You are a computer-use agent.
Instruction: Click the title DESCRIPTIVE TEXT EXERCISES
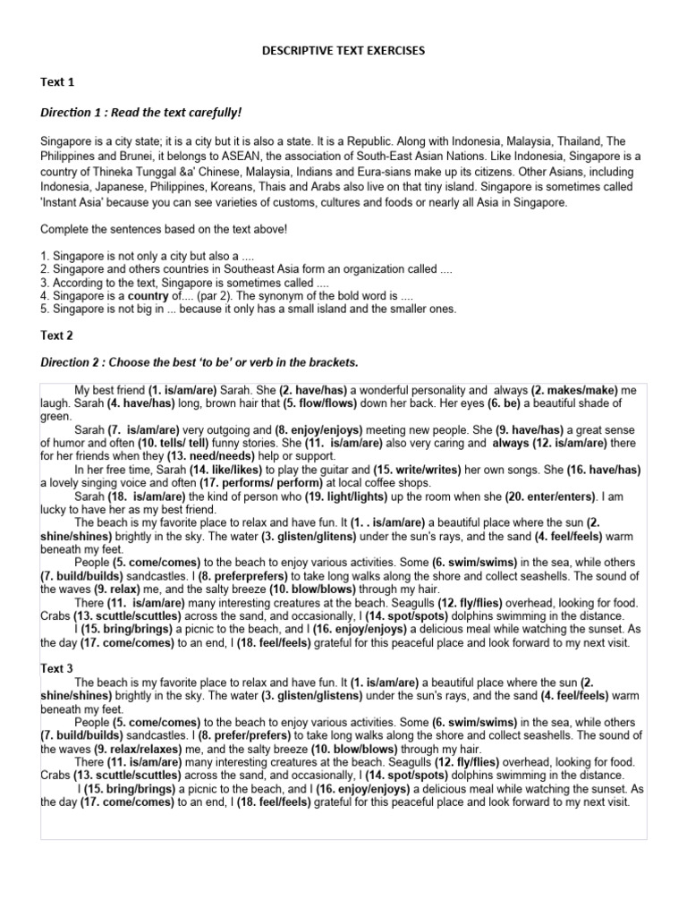point(343,52)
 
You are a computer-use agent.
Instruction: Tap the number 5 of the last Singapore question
point(44,309)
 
